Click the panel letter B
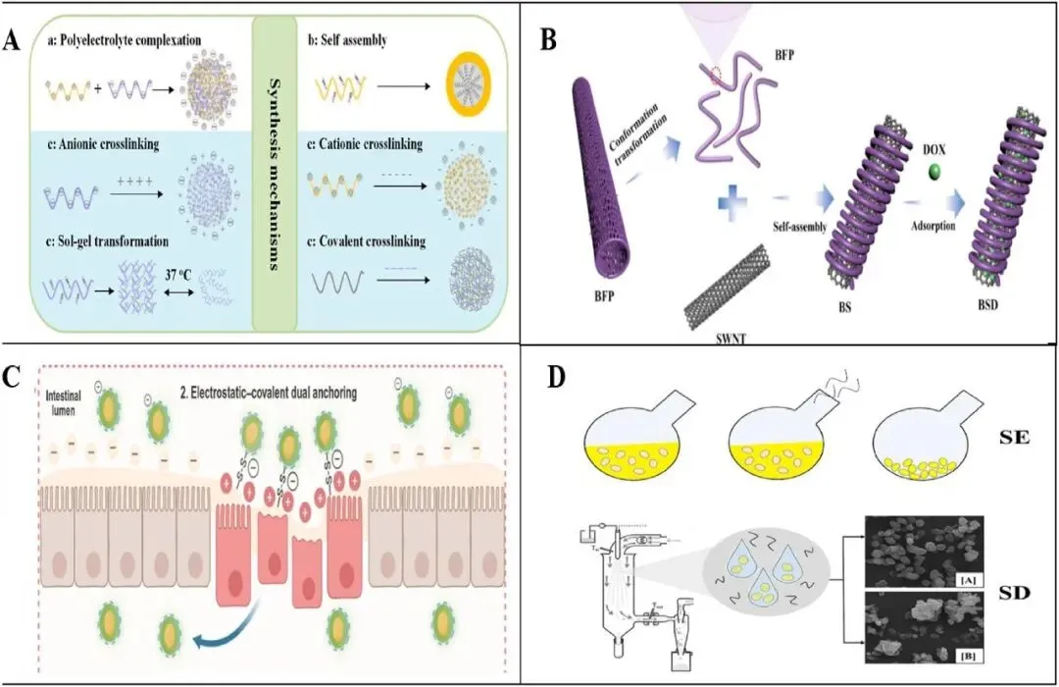click(x=550, y=40)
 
